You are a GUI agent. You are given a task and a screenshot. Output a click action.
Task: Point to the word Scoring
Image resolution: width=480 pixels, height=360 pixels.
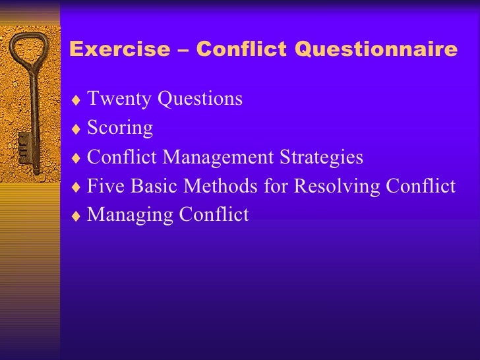pyautogui.click(x=120, y=128)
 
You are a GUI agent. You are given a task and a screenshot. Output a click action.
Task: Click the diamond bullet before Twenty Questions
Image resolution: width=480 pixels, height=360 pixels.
pyautogui.click(x=77, y=100)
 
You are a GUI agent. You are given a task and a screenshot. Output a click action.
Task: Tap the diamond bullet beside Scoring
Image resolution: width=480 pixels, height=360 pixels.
pyautogui.click(x=77, y=129)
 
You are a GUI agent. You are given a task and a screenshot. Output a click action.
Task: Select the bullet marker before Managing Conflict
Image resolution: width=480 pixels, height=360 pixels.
pyautogui.click(x=77, y=216)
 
